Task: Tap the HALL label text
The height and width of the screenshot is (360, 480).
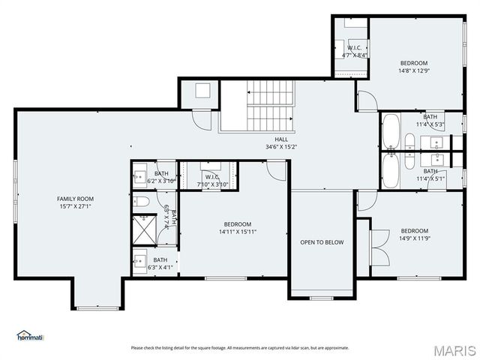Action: pos(281,139)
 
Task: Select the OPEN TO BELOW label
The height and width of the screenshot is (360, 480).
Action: pos(322,242)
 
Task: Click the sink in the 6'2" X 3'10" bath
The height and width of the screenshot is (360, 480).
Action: pos(140,177)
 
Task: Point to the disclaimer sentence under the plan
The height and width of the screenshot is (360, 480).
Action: pos(240,347)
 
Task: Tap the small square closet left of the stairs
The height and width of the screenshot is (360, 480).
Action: pos(202,91)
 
